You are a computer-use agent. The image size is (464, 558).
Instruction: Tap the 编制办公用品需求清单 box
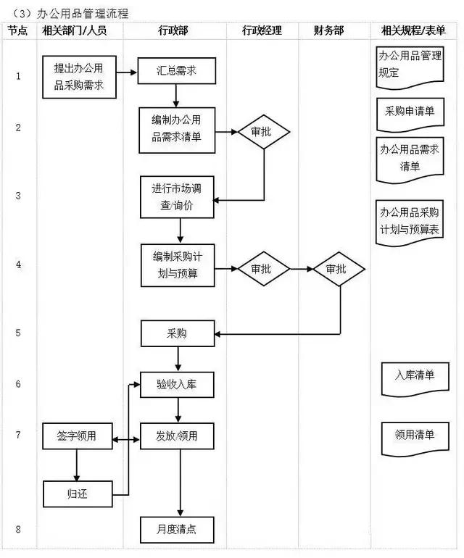pyautogui.click(x=178, y=130)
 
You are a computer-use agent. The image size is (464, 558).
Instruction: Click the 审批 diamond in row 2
pyautogui.click(x=263, y=132)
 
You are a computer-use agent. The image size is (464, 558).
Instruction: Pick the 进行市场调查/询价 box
pyautogui.click(x=178, y=196)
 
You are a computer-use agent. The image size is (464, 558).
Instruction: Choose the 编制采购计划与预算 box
pyautogui.click(x=178, y=267)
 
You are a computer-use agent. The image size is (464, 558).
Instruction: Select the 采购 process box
pyautogui.click(x=177, y=333)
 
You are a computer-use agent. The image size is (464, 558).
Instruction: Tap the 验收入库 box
pyautogui.click(x=178, y=384)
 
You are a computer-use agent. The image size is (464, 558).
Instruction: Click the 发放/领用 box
pyautogui.click(x=178, y=436)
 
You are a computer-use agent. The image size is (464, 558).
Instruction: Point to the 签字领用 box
pyautogui.click(x=78, y=436)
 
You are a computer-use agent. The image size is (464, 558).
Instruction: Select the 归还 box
pyautogui.click(x=78, y=494)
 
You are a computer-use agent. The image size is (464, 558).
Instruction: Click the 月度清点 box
pyautogui.click(x=178, y=529)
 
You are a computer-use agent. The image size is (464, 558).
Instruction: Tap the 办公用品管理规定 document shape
pyautogui.click(x=408, y=64)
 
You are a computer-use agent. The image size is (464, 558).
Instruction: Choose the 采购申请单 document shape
pyautogui.click(x=409, y=112)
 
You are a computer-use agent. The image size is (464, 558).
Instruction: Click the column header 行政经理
pyautogui.click(x=262, y=30)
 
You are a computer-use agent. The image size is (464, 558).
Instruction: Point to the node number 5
pyautogui.click(x=18, y=333)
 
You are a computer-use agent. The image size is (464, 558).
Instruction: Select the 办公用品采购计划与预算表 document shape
pyautogui.click(x=409, y=221)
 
